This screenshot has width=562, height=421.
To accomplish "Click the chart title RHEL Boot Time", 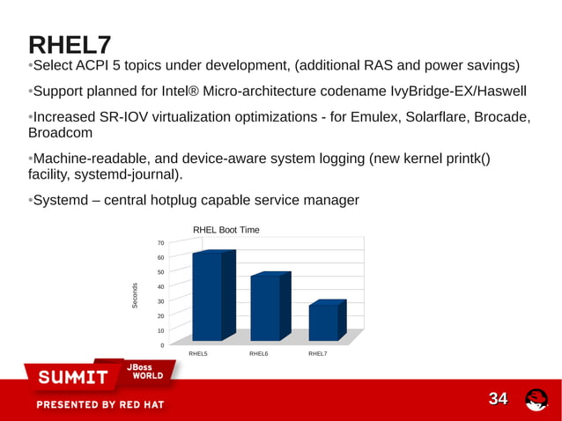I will [x=226, y=230].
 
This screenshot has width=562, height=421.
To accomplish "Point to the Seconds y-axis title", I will [x=135, y=295].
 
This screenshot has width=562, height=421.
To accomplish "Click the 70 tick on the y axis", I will [x=160, y=242].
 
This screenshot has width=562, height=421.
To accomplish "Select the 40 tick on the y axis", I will [x=160, y=286].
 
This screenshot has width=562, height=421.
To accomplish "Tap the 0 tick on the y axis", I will [x=162, y=345].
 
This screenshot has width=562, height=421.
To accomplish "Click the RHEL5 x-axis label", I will [x=199, y=354].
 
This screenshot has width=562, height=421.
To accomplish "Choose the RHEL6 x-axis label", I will [x=258, y=354].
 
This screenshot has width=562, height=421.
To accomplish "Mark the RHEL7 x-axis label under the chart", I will [x=317, y=354].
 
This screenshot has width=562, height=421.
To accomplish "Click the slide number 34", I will [x=499, y=399].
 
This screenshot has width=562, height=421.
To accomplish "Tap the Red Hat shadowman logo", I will [x=536, y=400].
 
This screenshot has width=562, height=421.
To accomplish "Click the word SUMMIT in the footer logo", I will [x=72, y=378].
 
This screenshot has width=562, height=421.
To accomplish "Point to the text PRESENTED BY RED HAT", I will [x=100, y=405].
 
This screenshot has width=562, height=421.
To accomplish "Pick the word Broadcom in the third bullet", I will [x=61, y=133].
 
